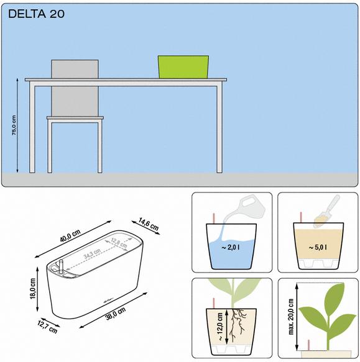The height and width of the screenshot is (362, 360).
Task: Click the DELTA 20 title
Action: click(x=36, y=14)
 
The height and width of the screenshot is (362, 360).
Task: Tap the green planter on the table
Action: click(x=183, y=66)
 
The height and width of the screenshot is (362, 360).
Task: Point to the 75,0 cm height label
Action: click(x=14, y=125)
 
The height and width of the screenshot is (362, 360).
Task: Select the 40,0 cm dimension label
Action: click(x=70, y=236)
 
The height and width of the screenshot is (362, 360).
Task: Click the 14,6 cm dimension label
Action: click(x=149, y=224)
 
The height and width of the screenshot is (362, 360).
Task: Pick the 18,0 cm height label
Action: click(x=32, y=289)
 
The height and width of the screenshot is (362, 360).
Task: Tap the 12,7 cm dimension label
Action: click(x=47, y=327)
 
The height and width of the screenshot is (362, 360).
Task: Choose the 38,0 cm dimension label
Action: click(x=116, y=314)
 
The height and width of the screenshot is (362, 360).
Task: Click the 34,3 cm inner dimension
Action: click(x=92, y=253)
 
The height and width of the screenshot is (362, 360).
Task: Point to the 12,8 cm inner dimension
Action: click(x=119, y=243)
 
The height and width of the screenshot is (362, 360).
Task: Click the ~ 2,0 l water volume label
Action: click(x=231, y=248)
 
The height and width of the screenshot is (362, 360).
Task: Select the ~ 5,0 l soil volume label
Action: click(x=318, y=248)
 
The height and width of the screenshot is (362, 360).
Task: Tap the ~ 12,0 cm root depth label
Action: click(x=220, y=327)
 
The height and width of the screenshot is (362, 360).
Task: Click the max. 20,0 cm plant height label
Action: click(x=291, y=317)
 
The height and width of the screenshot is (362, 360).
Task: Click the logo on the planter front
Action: click(x=109, y=301)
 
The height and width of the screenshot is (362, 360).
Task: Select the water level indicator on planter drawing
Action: click(x=61, y=267)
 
